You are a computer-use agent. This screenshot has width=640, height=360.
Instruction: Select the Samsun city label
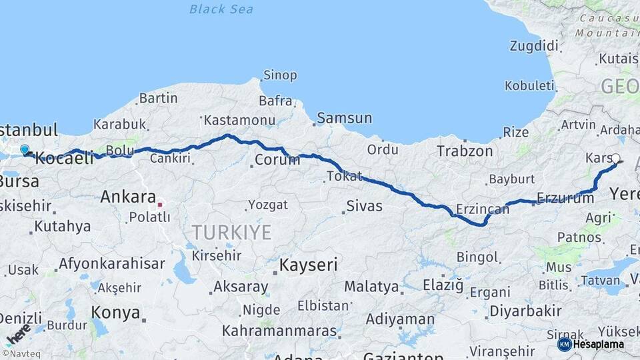point(344,118)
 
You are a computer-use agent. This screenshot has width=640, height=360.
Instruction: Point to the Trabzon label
point(465,151)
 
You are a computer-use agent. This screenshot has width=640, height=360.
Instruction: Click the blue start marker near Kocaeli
point(25,150)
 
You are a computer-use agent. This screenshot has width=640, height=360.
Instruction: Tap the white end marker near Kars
point(615,159)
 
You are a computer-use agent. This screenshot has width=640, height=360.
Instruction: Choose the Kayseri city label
point(308,265)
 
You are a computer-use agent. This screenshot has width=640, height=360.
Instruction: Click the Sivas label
point(364,206)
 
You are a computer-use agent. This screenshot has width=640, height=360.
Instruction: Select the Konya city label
point(115,313)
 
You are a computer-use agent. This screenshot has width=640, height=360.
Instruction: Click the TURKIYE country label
point(231,232)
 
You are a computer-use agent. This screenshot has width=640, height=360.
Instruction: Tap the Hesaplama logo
point(591,344)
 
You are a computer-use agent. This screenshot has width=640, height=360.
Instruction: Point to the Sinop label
point(280,75)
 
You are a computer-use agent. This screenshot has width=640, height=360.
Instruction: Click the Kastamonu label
point(239,121)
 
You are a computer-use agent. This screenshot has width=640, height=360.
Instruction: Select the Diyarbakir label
point(525,311)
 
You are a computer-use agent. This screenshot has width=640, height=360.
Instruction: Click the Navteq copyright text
point(22,354)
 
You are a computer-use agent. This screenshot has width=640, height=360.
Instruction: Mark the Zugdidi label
point(533,46)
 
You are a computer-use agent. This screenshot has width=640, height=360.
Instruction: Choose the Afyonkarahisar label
point(111,263)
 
